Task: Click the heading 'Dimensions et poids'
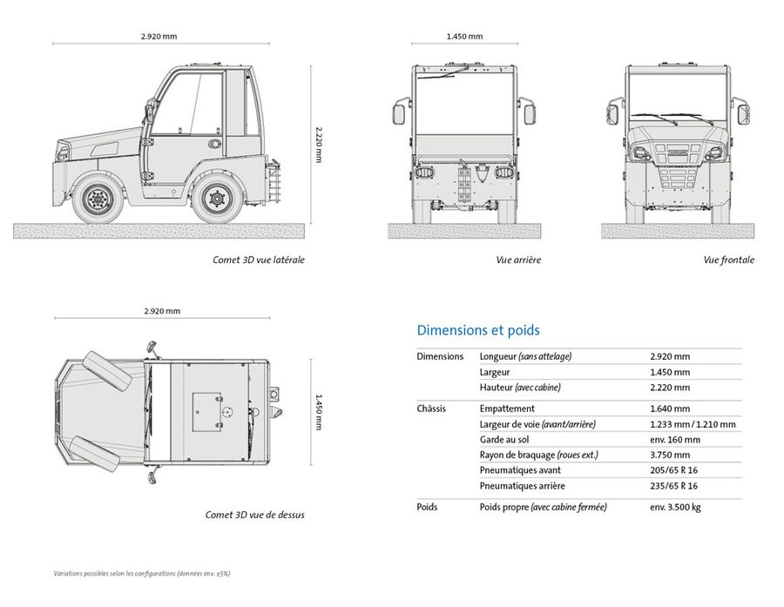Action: click(x=478, y=330)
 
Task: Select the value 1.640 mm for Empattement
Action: click(x=670, y=408)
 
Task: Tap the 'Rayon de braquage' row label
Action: click(x=538, y=455)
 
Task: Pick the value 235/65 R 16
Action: click(x=673, y=485)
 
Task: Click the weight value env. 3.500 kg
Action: click(x=675, y=507)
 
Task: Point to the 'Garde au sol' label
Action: click(x=504, y=440)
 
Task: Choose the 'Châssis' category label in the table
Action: click(x=431, y=408)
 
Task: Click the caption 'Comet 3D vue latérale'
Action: click(x=259, y=260)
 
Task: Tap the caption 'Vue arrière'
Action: click(x=518, y=260)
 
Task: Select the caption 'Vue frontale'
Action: click(x=728, y=260)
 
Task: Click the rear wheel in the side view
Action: click(x=217, y=199)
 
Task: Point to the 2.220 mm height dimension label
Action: click(x=319, y=144)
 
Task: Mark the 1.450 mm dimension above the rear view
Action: click(x=464, y=36)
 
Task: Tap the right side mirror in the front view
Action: click(x=744, y=113)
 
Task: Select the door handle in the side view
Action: click(x=214, y=144)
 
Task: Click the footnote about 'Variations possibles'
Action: click(x=142, y=574)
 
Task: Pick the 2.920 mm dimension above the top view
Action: click(x=162, y=311)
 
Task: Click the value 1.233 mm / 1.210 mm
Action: click(x=693, y=424)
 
